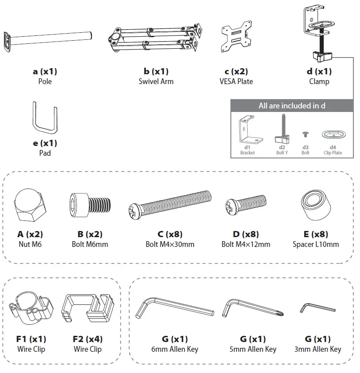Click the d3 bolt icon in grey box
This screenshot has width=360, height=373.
pos(305,133)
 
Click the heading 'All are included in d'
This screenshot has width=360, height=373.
pos(292,106)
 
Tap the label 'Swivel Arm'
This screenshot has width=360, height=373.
pos(156,81)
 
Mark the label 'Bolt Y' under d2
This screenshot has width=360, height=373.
pos(282,153)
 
